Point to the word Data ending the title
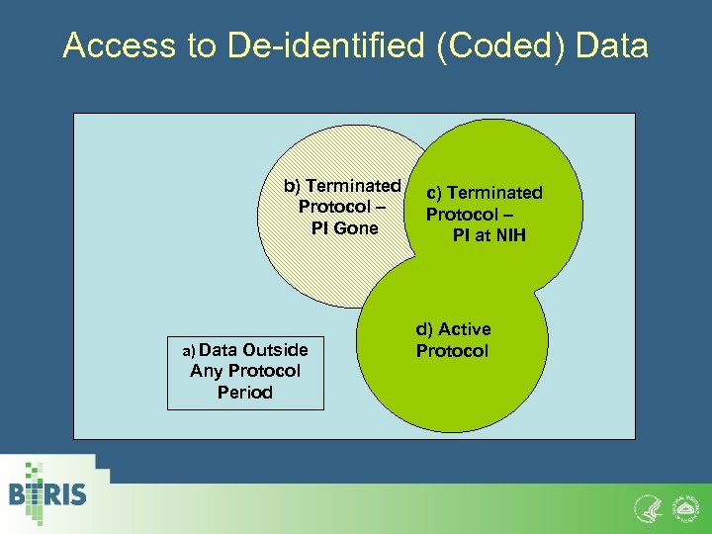coord(611,45)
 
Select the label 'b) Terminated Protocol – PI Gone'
coord(341,207)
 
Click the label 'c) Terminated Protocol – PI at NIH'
coord(484,214)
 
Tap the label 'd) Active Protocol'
coord(453,340)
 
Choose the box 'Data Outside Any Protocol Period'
coord(245,371)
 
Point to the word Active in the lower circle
coord(464,329)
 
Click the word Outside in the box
coord(275,350)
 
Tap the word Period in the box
coord(245,393)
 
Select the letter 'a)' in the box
coord(190,350)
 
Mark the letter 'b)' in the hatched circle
coord(293,186)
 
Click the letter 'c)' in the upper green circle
coord(434,193)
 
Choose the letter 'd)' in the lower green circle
coord(424,329)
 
